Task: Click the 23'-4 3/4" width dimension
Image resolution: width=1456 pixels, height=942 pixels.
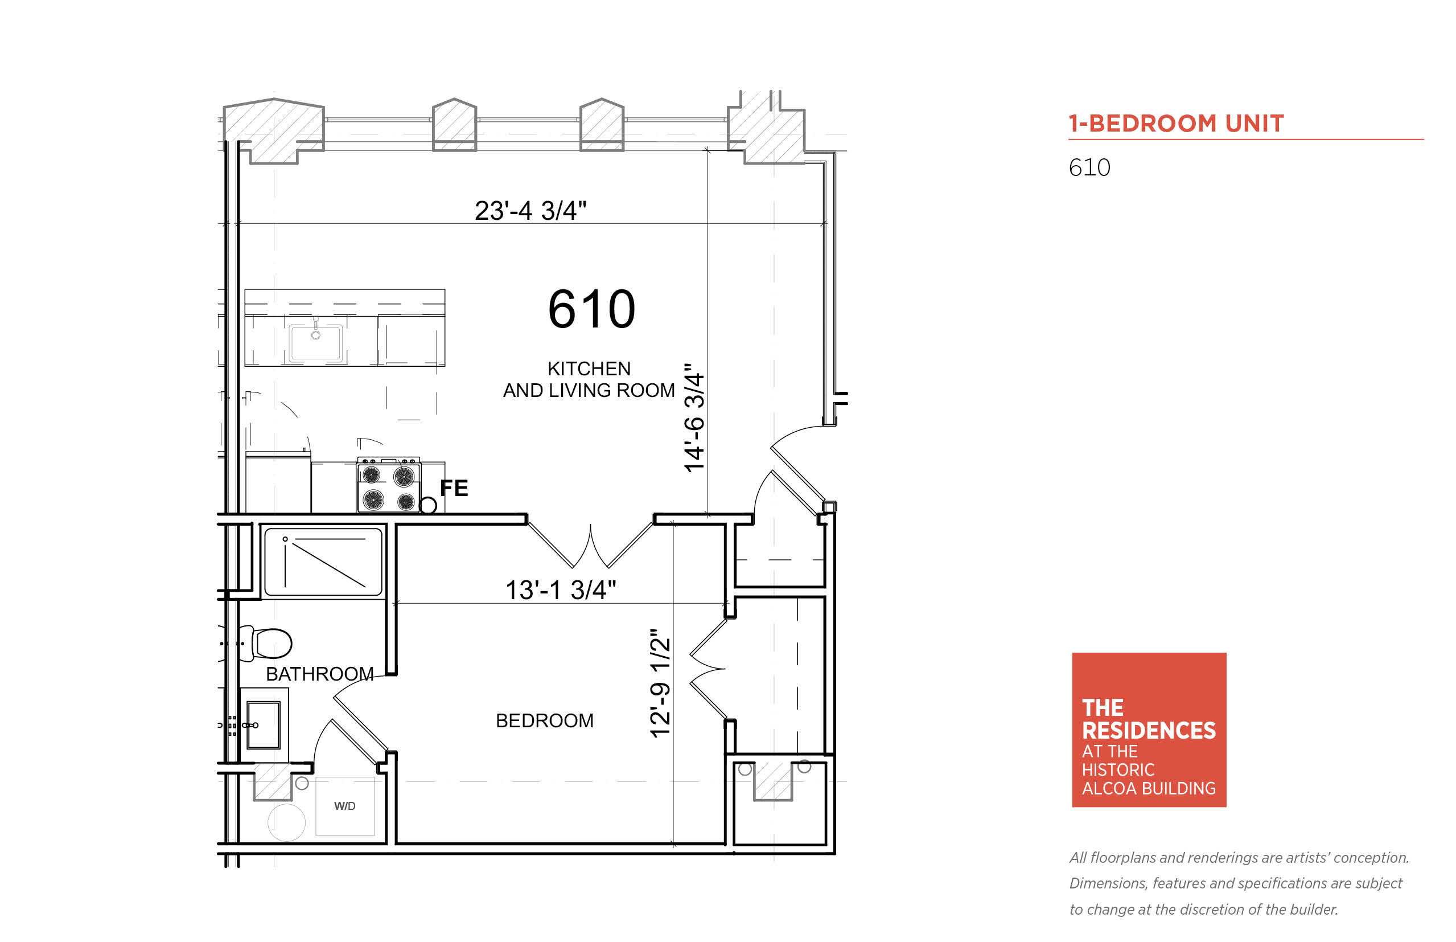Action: click(530, 211)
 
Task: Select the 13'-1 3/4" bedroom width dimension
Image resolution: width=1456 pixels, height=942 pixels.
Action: click(561, 590)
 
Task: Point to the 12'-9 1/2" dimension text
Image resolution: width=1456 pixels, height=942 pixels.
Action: click(660, 683)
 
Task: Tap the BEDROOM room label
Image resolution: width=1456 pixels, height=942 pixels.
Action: click(544, 720)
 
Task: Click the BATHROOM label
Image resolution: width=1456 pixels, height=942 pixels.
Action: click(320, 674)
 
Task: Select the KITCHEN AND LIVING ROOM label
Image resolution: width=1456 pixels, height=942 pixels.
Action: click(589, 379)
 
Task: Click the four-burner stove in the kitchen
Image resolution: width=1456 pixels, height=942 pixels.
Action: click(388, 485)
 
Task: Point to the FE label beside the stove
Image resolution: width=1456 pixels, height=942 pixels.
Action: click(454, 488)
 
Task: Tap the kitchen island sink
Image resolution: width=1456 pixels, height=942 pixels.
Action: click(315, 342)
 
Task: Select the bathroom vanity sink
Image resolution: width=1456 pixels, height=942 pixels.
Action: click(263, 726)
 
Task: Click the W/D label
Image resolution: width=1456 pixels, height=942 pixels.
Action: click(345, 806)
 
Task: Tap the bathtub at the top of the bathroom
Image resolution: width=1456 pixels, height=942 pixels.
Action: click(323, 562)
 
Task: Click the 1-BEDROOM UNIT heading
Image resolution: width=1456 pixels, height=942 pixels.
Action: click(1175, 124)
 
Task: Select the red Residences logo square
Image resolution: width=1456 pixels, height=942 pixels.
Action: click(1149, 730)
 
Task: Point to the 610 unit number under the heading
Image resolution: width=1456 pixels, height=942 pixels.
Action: click(1089, 167)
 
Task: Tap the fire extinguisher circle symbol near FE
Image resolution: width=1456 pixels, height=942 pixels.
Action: click(428, 505)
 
